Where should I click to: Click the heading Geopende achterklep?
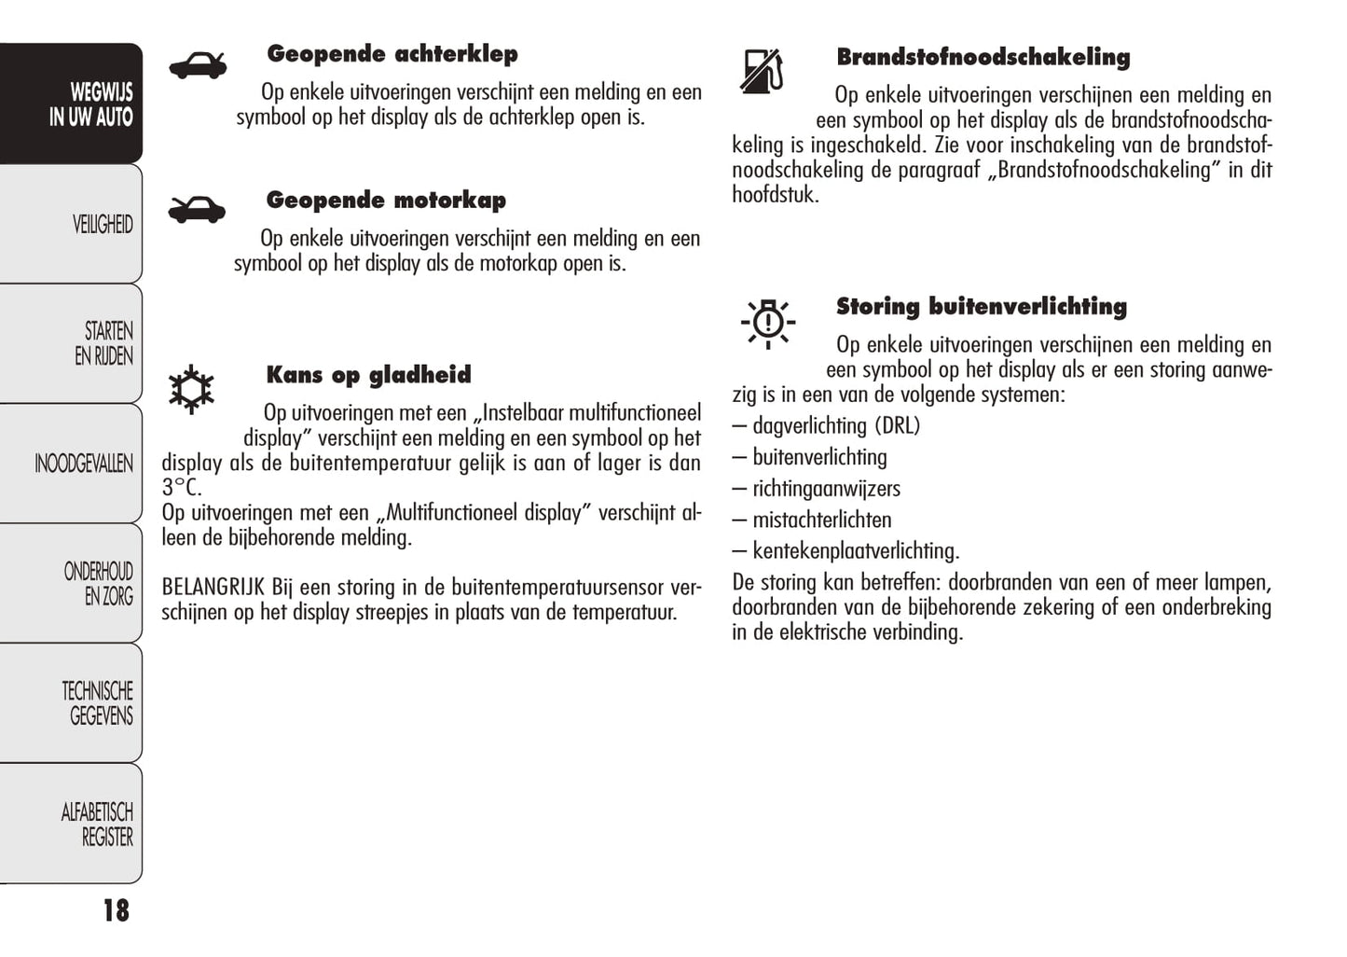(x=392, y=54)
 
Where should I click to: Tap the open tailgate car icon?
(x=198, y=65)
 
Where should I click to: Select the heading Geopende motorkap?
(x=386, y=201)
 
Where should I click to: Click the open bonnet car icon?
(x=197, y=209)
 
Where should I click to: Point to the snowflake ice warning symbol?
(x=191, y=389)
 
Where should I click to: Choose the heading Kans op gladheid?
(x=368, y=375)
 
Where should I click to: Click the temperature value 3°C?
(x=181, y=488)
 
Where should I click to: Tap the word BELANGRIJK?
(x=213, y=588)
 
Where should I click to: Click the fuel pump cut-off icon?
(x=762, y=71)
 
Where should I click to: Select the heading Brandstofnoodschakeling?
(x=983, y=58)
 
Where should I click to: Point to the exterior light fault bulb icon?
(x=767, y=323)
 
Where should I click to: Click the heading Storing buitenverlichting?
(x=981, y=307)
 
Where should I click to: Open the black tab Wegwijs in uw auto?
(x=89, y=104)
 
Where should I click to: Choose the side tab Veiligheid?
(x=102, y=225)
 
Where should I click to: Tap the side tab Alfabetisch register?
(x=97, y=825)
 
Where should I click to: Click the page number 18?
(x=116, y=911)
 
